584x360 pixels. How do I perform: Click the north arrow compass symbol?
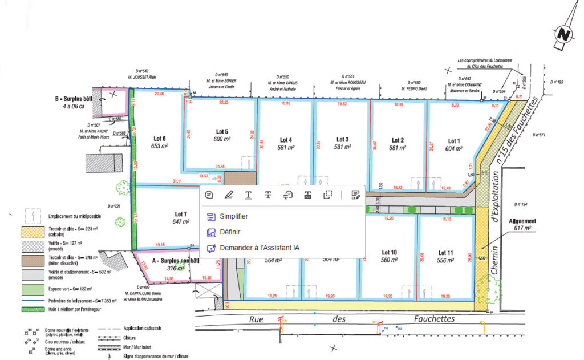click(564, 34)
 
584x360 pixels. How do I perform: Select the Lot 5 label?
click(222, 131)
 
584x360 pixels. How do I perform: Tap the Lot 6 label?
click(160, 138)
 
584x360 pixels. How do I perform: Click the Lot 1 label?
click(453, 141)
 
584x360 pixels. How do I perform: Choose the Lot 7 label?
click(180, 213)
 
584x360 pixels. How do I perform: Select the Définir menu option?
click(229, 232)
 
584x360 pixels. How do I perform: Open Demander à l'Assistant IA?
click(252, 248)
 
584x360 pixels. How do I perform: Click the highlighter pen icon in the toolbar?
click(229, 195)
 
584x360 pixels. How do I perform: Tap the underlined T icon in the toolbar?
click(249, 195)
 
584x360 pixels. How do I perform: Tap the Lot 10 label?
click(390, 252)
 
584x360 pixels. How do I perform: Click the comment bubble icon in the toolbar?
click(209, 195)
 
